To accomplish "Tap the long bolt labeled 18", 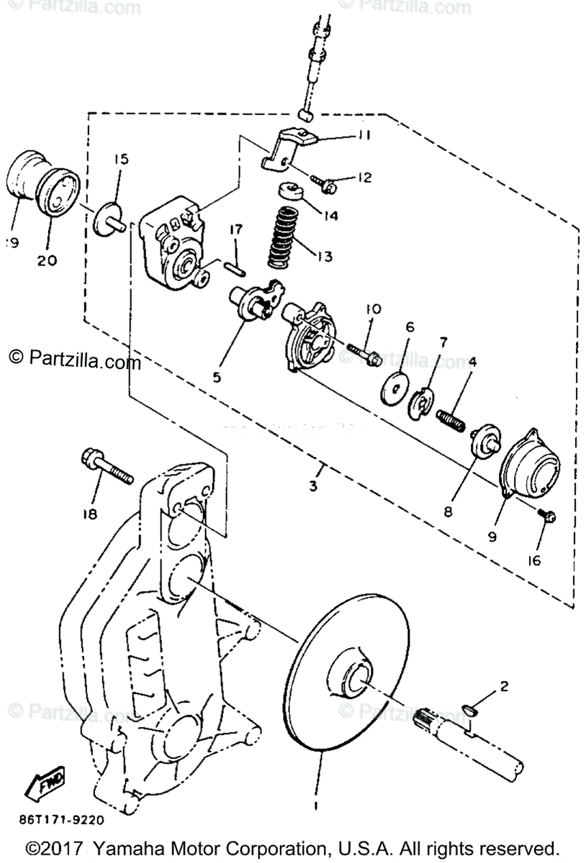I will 107,467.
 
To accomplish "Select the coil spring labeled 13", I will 284,235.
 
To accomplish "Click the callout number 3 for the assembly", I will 313,487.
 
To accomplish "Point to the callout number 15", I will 120,159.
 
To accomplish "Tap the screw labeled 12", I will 325,183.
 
